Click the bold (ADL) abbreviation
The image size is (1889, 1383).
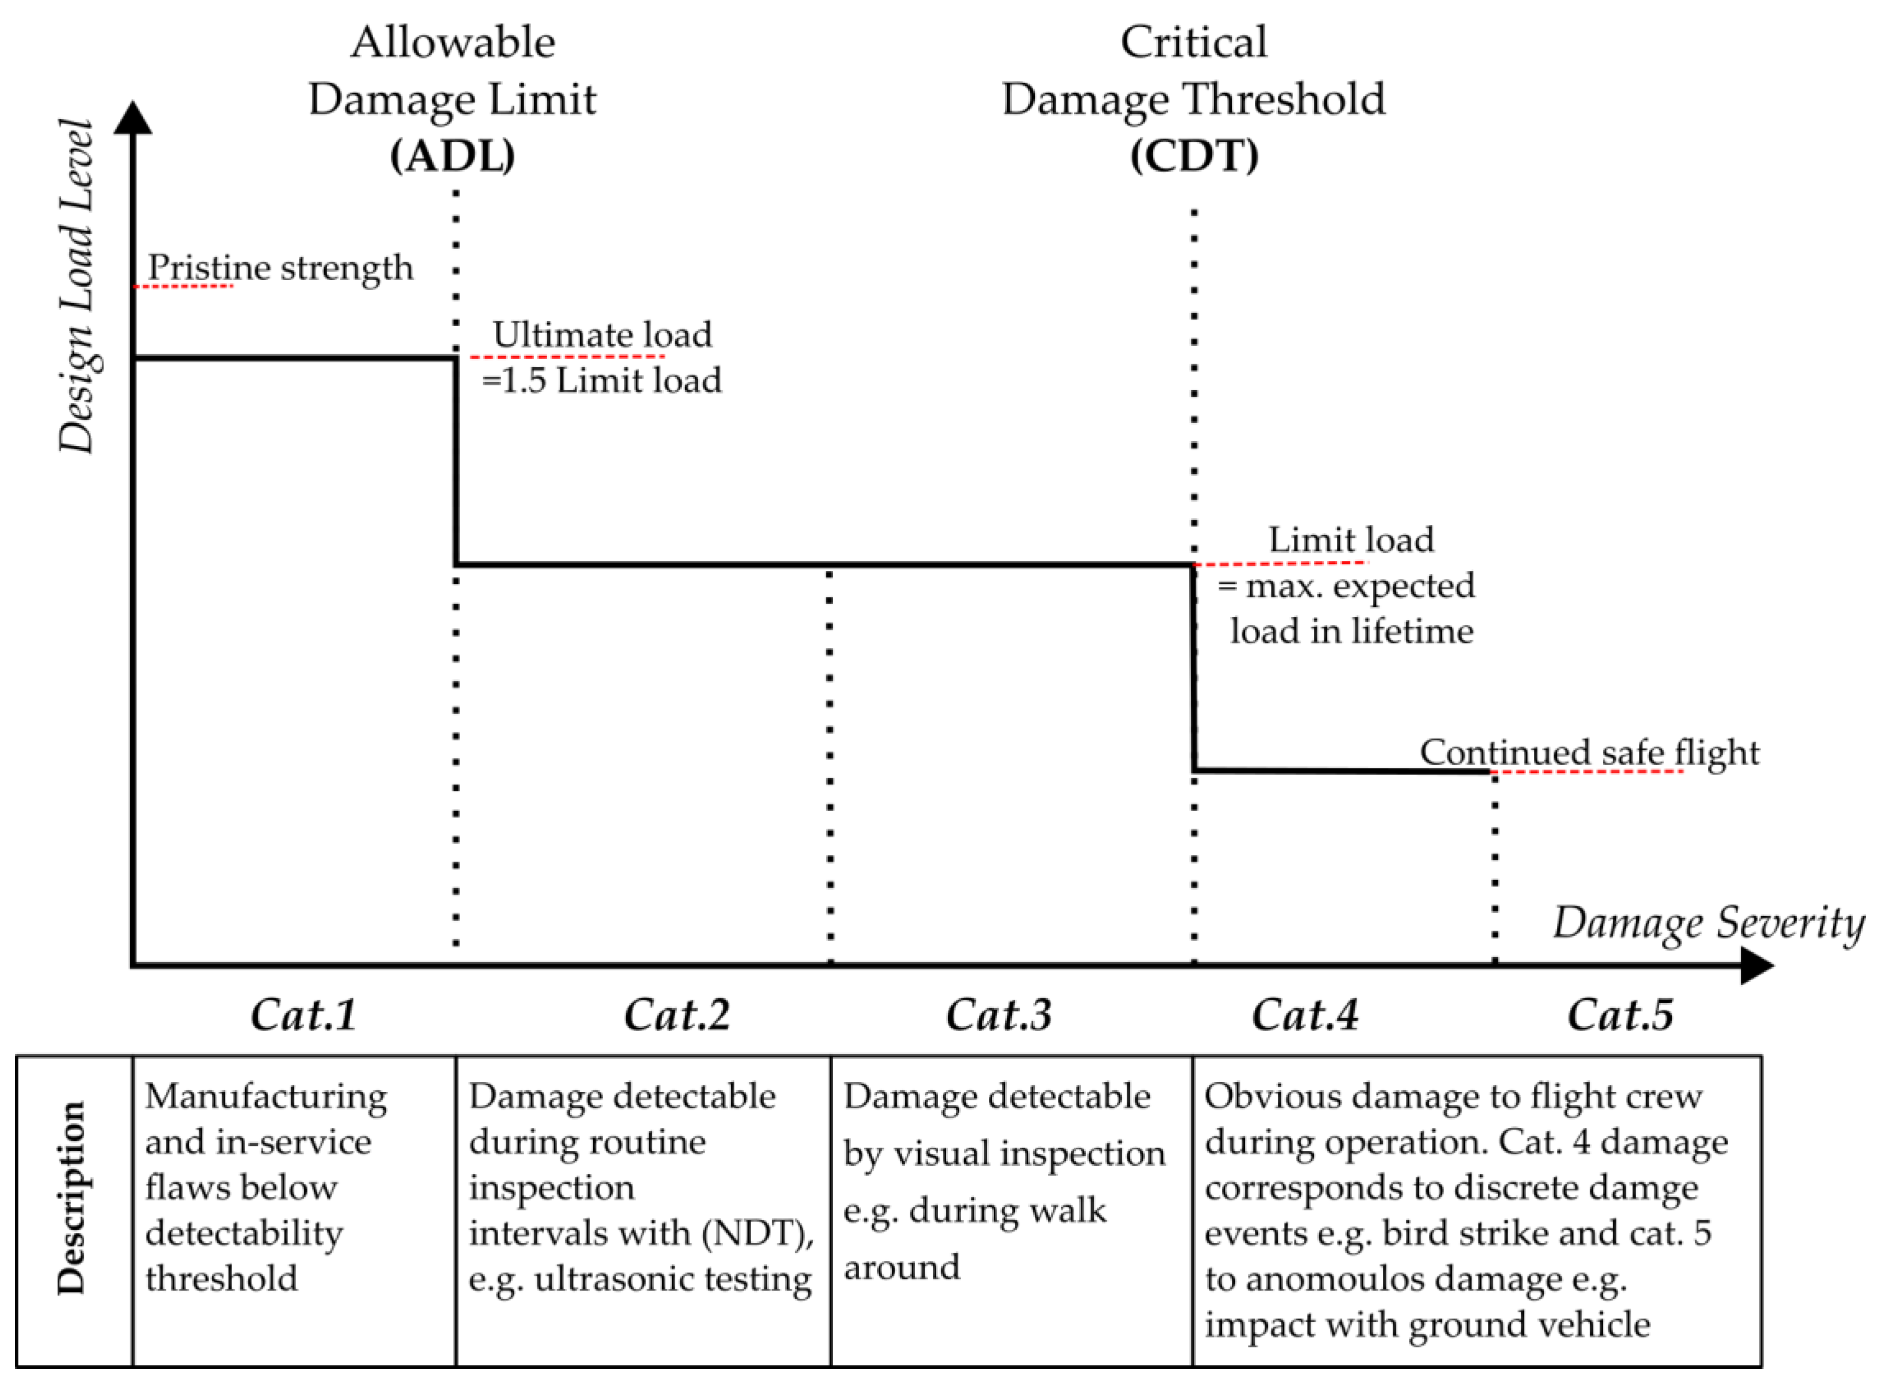[x=453, y=156]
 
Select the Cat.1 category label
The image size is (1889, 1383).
[x=304, y=1015]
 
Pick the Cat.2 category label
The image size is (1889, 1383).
[x=676, y=1015]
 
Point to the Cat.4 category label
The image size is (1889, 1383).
[x=1305, y=1015]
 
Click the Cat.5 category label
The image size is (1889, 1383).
[x=1620, y=1015]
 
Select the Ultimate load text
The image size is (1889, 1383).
[x=602, y=335]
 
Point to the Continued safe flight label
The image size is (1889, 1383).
[x=1589, y=753]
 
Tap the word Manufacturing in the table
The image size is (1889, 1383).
[x=266, y=1097]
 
